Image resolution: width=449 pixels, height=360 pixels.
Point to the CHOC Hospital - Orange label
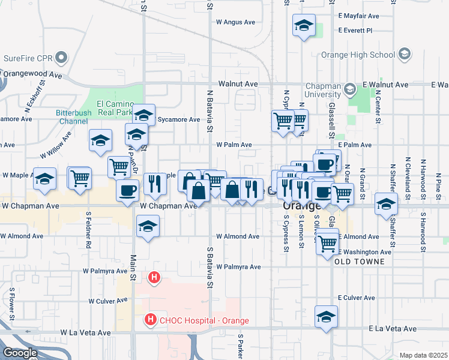203,320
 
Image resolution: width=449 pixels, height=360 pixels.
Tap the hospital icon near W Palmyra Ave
155,277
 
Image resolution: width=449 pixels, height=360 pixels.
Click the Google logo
20,353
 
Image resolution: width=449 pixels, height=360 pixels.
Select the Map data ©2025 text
423,355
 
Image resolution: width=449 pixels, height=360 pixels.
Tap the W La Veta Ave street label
85,332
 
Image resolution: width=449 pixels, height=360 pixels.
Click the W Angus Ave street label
236,22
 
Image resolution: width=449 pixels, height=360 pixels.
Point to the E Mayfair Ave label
359,16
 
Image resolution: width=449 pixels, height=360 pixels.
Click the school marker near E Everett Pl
304,26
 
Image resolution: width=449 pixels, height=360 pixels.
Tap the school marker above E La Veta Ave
326,317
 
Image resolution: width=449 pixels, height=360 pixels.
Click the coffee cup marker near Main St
127,191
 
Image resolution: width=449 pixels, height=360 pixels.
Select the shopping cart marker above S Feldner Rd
79,178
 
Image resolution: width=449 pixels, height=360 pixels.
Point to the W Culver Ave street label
107,301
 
